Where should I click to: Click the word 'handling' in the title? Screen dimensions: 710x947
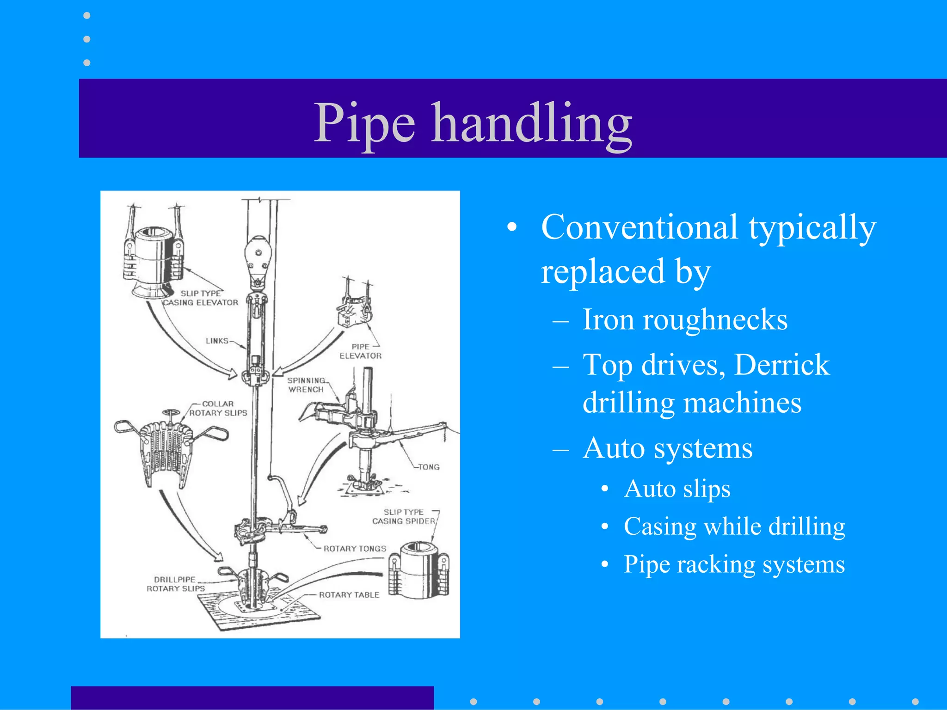tap(532, 124)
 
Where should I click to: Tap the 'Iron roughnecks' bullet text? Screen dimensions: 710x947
tap(684, 320)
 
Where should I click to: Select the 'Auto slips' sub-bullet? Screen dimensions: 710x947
tap(677, 489)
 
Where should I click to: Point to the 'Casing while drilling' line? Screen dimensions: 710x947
tap(734, 527)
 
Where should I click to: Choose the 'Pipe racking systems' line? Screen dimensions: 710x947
tap(734, 565)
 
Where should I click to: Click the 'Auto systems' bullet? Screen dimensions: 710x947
tap(667, 448)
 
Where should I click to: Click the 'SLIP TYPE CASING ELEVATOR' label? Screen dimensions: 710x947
tap(201, 298)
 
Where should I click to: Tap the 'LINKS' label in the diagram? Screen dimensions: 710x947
tap(217, 341)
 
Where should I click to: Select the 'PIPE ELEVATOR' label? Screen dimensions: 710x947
tap(361, 351)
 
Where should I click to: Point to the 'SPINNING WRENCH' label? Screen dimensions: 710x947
tap(306, 385)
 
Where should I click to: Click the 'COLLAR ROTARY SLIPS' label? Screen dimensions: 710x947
tap(218, 409)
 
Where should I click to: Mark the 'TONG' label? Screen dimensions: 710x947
tap(429, 467)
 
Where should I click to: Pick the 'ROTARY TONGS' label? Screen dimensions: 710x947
tap(355, 549)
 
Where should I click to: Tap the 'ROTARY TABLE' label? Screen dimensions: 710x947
tap(349, 595)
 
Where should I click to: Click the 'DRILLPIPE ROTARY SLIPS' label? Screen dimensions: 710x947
tap(175, 584)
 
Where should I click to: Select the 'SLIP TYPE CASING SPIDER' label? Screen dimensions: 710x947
tap(404, 517)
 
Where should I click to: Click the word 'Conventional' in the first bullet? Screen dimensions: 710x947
tap(639, 227)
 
